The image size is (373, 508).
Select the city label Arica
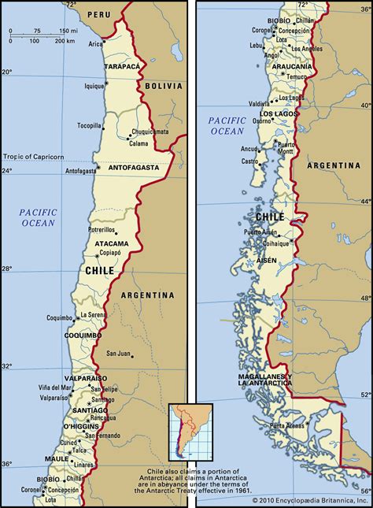click(96, 43)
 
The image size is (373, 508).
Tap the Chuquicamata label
click(150, 132)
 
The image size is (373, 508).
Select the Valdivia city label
click(259, 103)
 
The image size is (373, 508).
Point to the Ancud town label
click(249, 148)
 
